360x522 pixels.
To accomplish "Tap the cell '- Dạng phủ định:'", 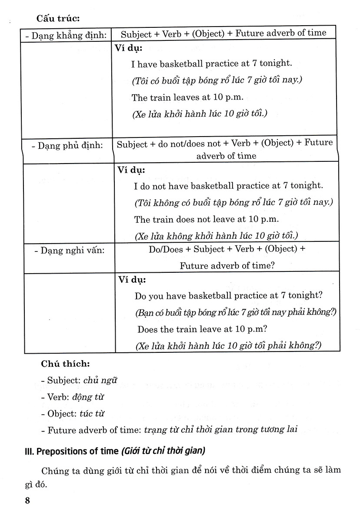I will pos(67,146).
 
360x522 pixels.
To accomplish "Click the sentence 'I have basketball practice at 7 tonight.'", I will pos(211,64).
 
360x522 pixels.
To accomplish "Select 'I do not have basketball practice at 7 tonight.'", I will pos(229,186).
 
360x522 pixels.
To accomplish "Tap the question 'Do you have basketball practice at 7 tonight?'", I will pos(228,295).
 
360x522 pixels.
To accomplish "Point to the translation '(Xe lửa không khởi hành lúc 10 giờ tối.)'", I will pos(217,236).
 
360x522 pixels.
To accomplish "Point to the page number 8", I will pos(27,500).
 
